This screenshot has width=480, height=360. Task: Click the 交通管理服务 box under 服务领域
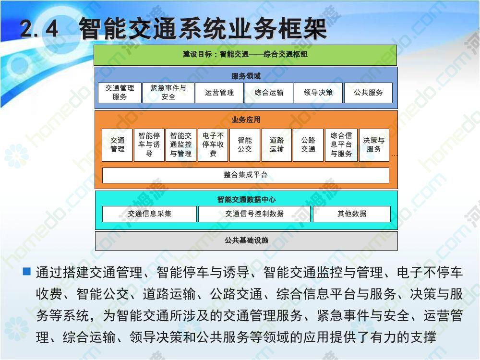[x=120, y=93]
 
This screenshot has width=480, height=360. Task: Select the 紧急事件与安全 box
[x=168, y=93]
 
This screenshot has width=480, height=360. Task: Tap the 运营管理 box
[x=219, y=93]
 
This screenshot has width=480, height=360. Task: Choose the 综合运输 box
[x=269, y=93]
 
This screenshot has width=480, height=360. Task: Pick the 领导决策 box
[x=318, y=93]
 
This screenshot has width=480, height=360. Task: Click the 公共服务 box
[x=368, y=93]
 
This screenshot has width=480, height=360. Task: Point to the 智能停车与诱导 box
[x=149, y=145]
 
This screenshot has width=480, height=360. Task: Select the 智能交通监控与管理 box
[x=181, y=145]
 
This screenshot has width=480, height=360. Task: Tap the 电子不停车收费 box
[x=213, y=145]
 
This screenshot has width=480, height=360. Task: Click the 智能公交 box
[x=245, y=145]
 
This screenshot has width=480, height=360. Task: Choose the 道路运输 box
[x=276, y=145]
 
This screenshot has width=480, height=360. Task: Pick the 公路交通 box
[x=308, y=145]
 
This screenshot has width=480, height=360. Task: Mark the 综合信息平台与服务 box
[x=341, y=145]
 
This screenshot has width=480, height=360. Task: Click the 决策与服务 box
[x=374, y=145]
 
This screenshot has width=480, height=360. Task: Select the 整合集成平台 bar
[x=245, y=175]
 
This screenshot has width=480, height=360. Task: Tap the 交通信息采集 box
[x=149, y=214]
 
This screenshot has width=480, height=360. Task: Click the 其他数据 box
[x=352, y=214]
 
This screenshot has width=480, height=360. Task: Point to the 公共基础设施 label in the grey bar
[x=246, y=240]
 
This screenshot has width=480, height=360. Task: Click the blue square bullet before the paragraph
[x=27, y=271]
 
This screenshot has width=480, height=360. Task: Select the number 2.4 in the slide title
[x=39, y=29]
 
